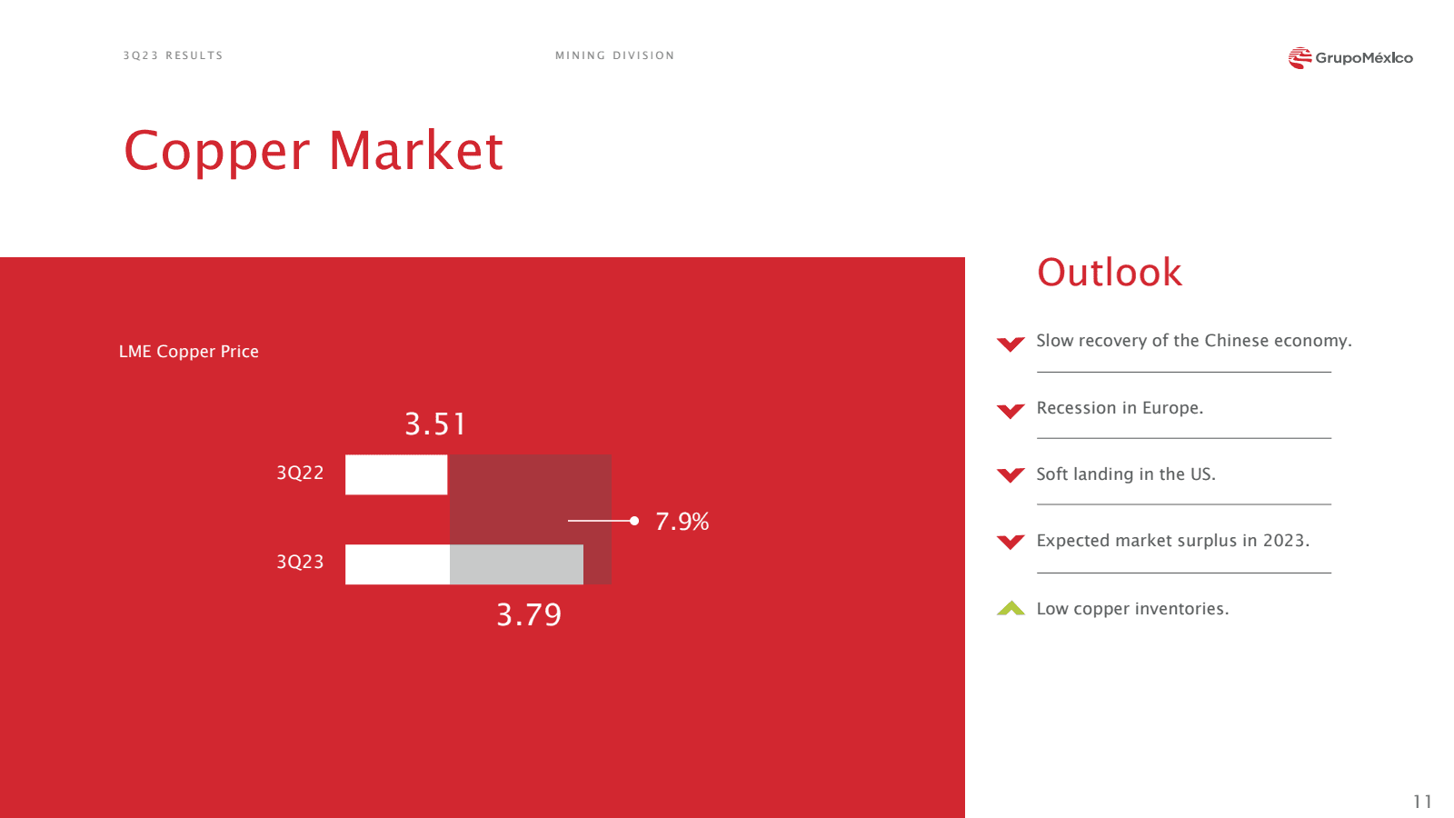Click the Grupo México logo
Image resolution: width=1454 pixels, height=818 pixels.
coord(1350,58)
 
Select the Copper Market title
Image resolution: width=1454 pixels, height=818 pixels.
coord(314,151)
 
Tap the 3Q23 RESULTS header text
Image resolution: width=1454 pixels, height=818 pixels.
coord(174,55)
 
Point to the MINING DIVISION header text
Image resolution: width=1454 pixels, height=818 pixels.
coord(614,55)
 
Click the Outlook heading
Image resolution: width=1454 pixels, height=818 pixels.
coord(1110,272)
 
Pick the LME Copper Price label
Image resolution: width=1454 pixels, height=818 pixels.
coord(189,351)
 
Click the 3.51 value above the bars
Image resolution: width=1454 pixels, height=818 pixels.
coord(435,424)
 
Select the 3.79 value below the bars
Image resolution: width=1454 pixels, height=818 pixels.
coord(529,614)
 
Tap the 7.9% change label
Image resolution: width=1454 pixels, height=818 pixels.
coord(682,522)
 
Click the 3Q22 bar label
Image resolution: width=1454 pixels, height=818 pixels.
coord(300,473)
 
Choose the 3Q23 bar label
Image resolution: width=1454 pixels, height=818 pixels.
coord(300,562)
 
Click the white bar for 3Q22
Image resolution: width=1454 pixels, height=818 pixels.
coord(396,474)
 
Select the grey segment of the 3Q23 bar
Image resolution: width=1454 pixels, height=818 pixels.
coord(517,564)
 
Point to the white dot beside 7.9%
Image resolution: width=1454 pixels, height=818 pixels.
coord(634,521)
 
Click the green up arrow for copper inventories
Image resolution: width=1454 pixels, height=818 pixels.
coord(1011,608)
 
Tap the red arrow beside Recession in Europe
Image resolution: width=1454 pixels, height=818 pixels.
coord(1011,411)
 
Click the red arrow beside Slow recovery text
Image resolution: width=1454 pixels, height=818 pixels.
coord(1011,344)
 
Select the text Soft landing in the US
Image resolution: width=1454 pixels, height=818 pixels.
coord(1126,474)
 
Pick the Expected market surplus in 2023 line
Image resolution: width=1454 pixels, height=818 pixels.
coord(1173,541)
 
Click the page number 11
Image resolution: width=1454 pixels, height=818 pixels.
coord(1423,802)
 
